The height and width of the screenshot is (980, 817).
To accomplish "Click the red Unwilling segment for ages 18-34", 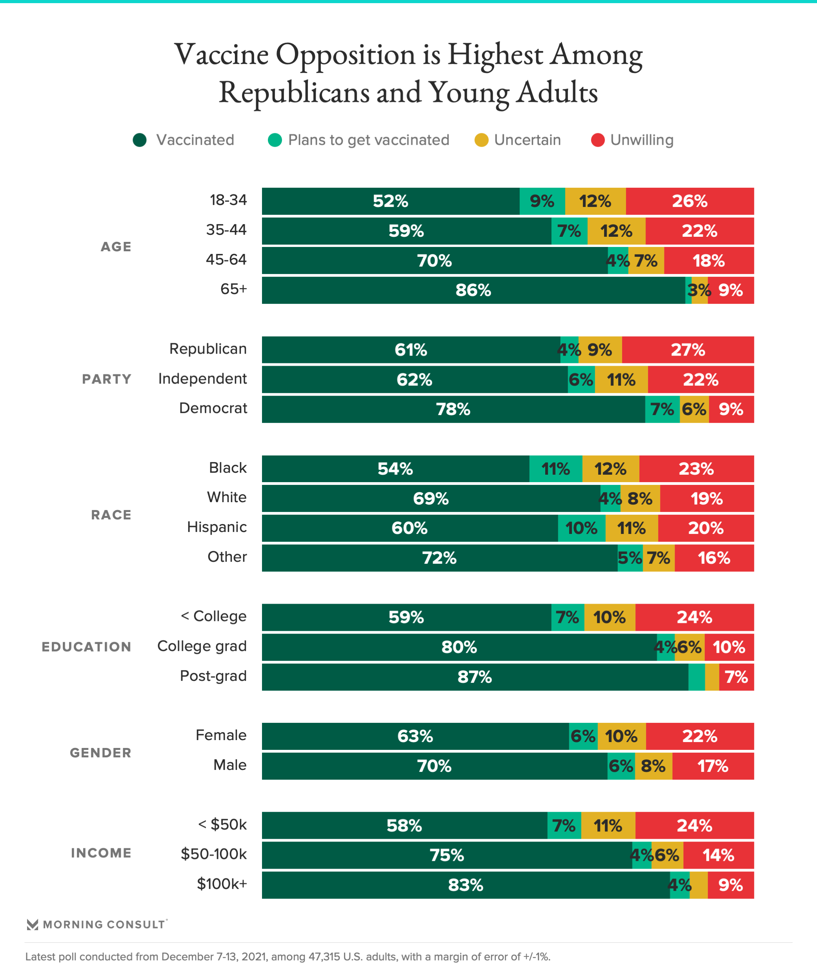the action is [x=690, y=201].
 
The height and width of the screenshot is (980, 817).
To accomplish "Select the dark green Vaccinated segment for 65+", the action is [x=473, y=290].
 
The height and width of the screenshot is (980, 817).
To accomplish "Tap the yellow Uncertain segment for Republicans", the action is [x=600, y=350].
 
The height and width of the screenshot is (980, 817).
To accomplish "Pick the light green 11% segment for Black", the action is [x=555, y=468].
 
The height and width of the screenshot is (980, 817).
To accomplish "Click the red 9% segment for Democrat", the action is [x=731, y=409].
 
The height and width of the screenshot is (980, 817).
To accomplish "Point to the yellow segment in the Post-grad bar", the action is [x=712, y=677].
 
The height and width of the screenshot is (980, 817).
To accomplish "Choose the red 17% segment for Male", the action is [x=713, y=766].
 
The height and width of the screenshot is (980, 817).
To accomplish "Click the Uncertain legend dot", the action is [x=481, y=140].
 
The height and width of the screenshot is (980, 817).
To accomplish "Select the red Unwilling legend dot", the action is [x=598, y=140].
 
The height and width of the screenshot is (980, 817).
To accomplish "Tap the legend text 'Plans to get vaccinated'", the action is [x=369, y=140].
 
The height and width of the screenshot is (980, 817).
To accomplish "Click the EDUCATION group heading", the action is [x=86, y=647].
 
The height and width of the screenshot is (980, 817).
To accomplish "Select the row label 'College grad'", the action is [x=202, y=646].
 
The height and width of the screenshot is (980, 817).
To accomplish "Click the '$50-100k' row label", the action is [x=214, y=854].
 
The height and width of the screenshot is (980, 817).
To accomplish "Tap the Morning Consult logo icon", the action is [x=32, y=924].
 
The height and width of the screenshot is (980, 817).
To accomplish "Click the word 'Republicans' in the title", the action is [x=294, y=93].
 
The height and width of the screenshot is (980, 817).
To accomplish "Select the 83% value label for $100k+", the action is [x=466, y=885].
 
